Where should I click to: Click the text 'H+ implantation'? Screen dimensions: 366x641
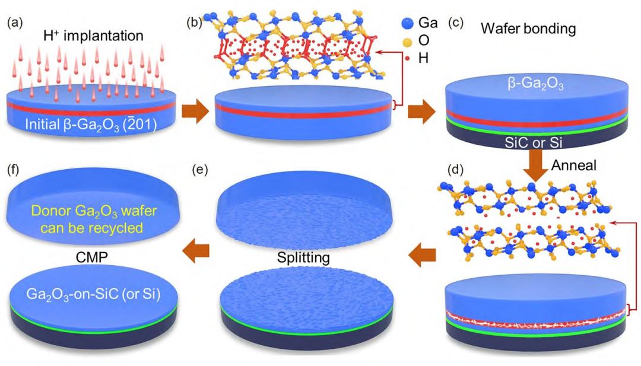click(x=101, y=37)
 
